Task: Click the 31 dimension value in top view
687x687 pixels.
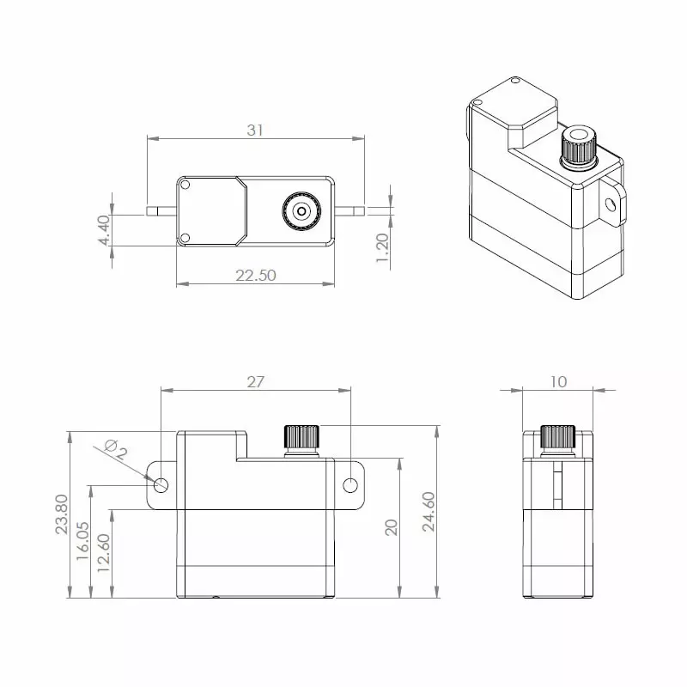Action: [254, 130]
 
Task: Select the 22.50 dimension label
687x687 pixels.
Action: [255, 275]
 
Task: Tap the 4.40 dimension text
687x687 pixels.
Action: [105, 230]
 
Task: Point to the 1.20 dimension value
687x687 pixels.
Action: [383, 250]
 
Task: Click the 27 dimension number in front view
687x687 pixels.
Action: [255, 382]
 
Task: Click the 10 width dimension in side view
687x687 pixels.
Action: [559, 382]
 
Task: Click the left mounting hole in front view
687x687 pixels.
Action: [161, 485]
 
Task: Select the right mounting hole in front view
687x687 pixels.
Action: [350, 486]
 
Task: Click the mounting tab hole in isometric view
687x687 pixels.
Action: [611, 204]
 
